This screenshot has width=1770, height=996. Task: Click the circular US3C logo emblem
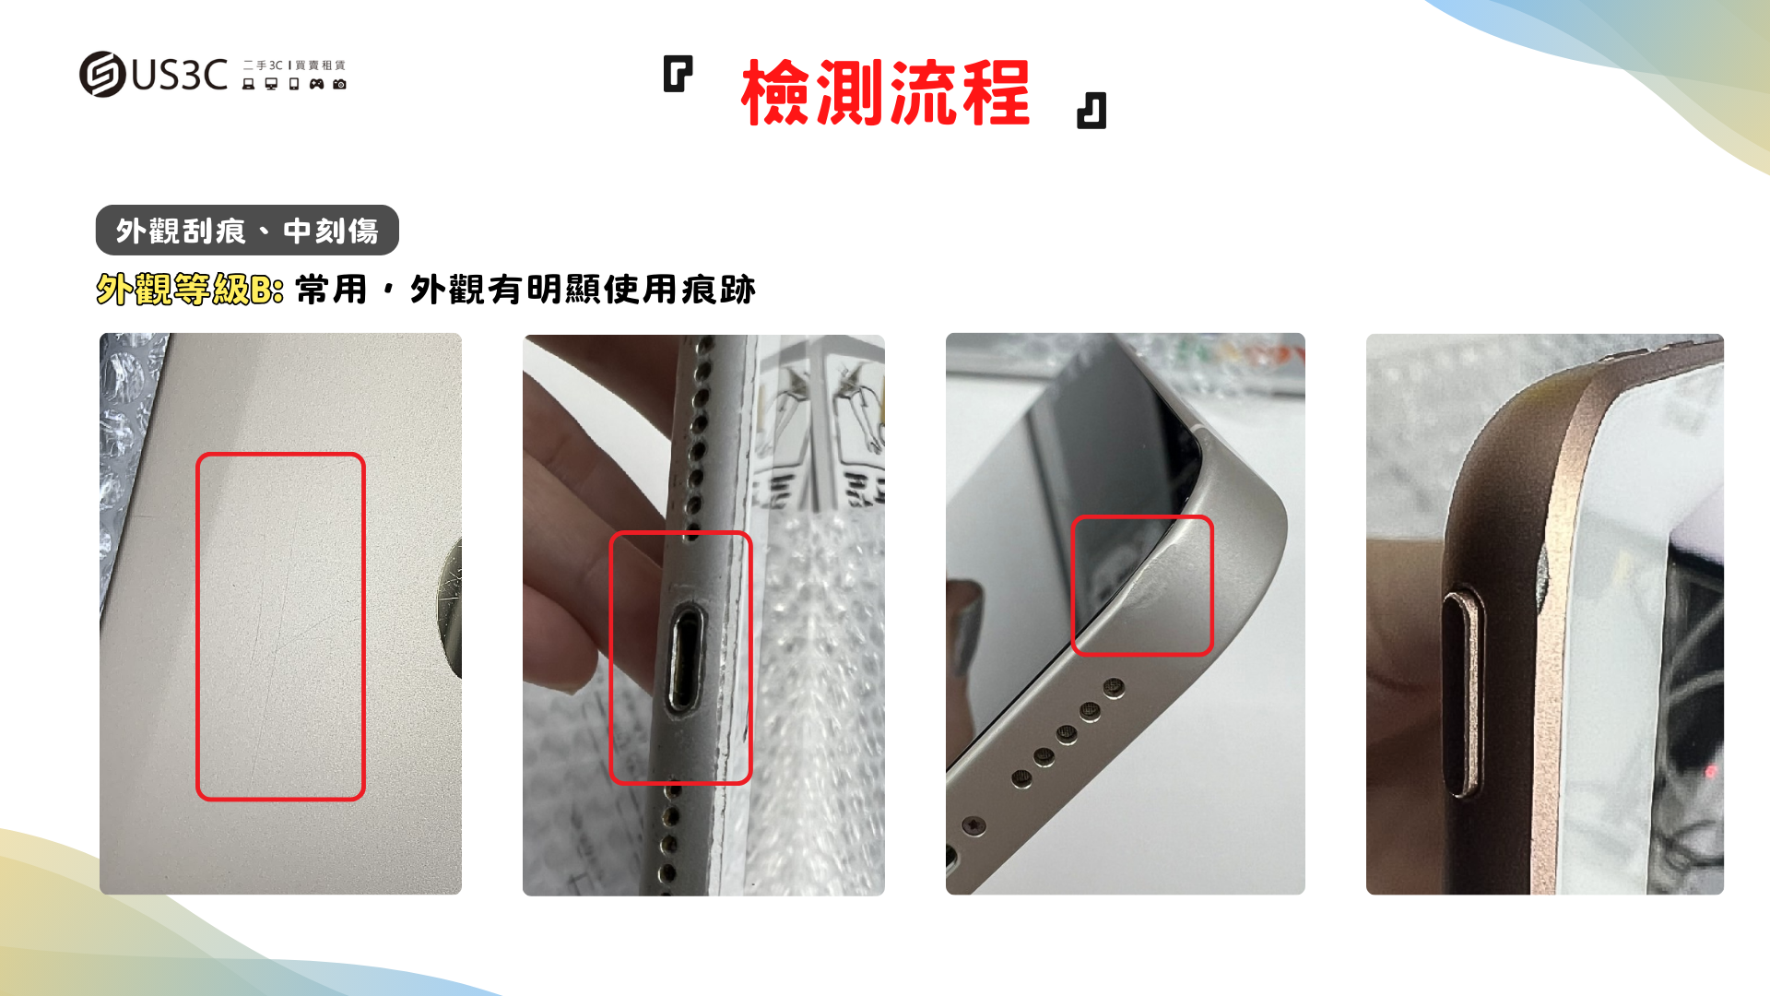click(102, 74)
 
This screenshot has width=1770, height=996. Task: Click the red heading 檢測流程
click(885, 92)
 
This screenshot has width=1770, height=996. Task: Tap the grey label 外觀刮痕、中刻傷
click(247, 230)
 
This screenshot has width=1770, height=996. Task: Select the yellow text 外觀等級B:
click(189, 290)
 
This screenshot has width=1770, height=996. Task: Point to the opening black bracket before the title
click(678, 74)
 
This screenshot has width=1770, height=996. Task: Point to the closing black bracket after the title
click(1091, 111)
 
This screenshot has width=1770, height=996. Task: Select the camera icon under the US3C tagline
click(339, 84)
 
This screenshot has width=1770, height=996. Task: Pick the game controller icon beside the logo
click(316, 84)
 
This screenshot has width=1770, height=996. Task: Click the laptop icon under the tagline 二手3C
click(248, 84)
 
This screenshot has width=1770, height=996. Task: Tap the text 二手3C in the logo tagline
click(264, 65)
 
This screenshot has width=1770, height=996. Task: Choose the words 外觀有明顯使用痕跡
click(583, 290)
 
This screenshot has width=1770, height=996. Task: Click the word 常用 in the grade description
click(332, 290)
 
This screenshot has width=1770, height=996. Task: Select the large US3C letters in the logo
click(179, 75)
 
